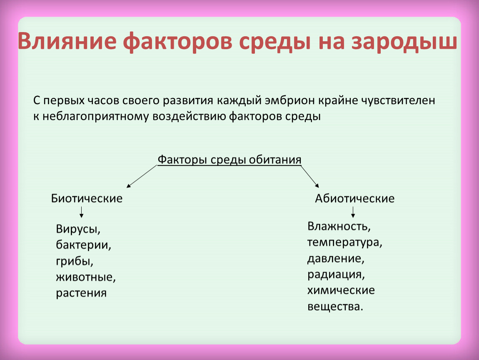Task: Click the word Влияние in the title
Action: click(67, 41)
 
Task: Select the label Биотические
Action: click(87, 199)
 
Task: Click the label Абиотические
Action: click(354, 199)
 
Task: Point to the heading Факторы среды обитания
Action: click(230, 160)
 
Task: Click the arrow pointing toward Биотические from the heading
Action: click(142, 176)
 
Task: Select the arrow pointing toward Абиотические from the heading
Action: click(310, 176)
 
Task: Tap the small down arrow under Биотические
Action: click(81, 212)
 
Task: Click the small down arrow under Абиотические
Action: click(353, 212)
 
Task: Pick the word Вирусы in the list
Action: click(78, 229)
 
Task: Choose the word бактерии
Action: click(83, 245)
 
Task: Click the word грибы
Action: click(75, 262)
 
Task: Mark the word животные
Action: click(86, 277)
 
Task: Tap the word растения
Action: click(81, 293)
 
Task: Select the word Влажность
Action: click(339, 226)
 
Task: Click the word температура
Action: click(344, 242)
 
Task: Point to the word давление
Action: click(336, 258)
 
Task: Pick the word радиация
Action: click(336, 275)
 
